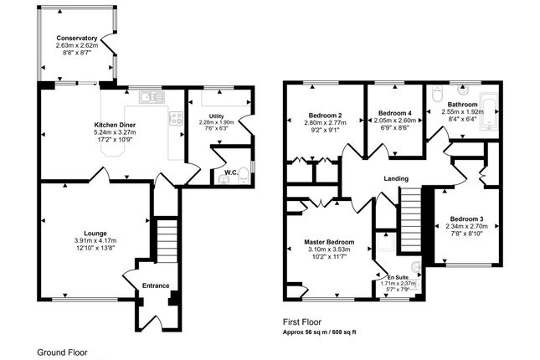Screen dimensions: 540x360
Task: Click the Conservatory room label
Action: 77,38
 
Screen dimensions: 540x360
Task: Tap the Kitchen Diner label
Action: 115,125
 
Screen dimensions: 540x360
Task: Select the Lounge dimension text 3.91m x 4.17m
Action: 95,240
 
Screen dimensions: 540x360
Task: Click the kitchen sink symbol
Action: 152,97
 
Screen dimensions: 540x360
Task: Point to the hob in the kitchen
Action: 176,118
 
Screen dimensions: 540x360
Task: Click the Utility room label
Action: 216,116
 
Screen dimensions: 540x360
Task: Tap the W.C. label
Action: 231,172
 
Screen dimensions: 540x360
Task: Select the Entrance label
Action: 156,285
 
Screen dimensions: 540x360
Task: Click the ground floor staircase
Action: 167,239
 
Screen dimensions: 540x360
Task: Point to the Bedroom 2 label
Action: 325,115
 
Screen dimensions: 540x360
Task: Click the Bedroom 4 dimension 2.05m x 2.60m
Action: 394,121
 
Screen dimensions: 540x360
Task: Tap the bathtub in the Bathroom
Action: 488,111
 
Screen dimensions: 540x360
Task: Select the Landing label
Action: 396,178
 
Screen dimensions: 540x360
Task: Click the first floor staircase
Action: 411,220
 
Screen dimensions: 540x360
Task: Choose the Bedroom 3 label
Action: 466,219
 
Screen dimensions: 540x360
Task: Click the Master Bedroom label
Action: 329,242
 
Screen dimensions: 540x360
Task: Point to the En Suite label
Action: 398,277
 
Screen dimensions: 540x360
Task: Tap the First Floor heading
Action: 302,322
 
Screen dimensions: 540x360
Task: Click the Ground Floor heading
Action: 62,352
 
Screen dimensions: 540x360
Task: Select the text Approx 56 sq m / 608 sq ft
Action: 320,332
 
